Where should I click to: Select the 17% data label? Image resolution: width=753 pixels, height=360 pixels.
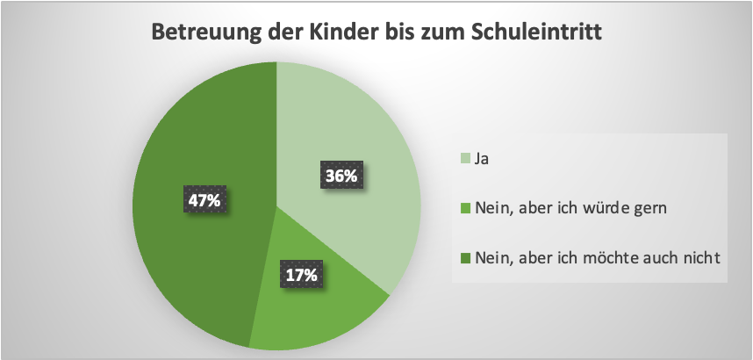(x=300, y=275)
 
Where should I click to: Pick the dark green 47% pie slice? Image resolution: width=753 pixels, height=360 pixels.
(x=193, y=263)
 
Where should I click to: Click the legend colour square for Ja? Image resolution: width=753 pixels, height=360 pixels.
(x=466, y=160)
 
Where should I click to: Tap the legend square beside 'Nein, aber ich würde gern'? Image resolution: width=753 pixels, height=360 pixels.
(x=466, y=209)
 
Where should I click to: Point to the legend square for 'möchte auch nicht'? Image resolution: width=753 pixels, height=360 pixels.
(x=466, y=258)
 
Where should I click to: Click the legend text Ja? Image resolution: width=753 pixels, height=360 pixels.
(x=480, y=160)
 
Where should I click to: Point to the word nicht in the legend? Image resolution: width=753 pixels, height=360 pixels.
(x=704, y=258)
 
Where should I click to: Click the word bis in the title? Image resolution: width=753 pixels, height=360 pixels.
(x=399, y=33)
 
